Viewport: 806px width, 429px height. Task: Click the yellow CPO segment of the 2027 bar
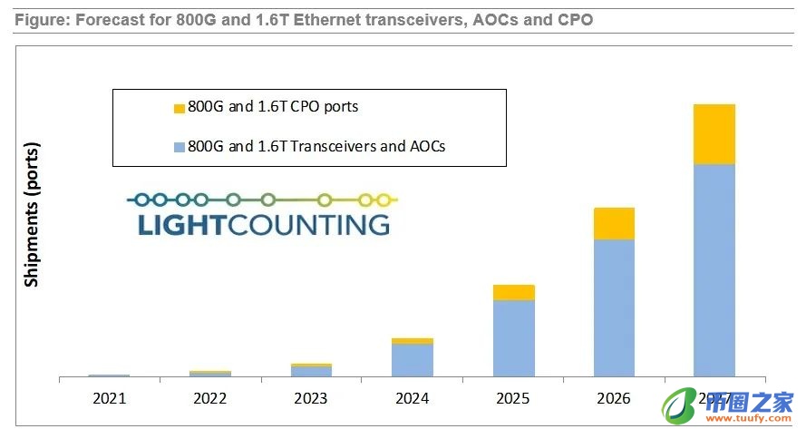[714, 134]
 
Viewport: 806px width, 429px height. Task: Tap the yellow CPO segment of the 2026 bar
[614, 223]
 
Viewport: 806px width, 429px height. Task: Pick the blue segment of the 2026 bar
[614, 307]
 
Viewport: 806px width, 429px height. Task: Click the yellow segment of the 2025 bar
[513, 292]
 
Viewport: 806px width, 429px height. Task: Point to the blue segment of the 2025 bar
[513, 337]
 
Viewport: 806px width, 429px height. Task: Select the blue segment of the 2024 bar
[413, 360]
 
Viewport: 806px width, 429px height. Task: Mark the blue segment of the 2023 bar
[312, 371]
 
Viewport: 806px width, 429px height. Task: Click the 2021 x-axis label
[110, 398]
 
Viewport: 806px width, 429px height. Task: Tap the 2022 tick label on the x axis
[210, 398]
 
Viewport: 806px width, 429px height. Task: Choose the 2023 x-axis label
[312, 398]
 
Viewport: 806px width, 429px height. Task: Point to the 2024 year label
[413, 398]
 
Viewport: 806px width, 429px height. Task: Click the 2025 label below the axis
[513, 398]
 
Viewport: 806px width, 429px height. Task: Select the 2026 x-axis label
[614, 398]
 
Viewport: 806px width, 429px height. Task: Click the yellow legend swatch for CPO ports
[179, 108]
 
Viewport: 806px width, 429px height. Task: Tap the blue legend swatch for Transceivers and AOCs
[179, 146]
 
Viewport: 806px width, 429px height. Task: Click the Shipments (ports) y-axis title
[33, 214]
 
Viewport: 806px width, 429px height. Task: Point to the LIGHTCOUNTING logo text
[264, 224]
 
